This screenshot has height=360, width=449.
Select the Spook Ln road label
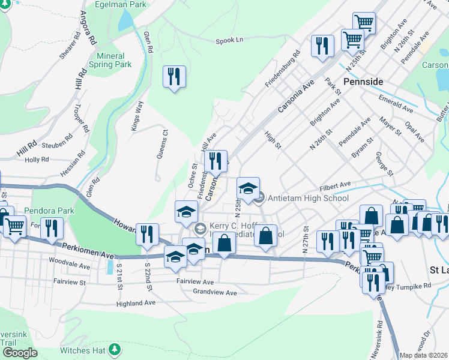230,40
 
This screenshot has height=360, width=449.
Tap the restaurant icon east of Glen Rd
174,76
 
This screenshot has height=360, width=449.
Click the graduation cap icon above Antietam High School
248,188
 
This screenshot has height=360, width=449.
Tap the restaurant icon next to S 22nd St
147,234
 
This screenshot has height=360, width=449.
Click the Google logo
20,353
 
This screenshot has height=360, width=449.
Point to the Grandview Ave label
215,293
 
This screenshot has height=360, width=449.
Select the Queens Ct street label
161,145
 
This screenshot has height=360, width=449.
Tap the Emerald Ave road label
395,103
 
